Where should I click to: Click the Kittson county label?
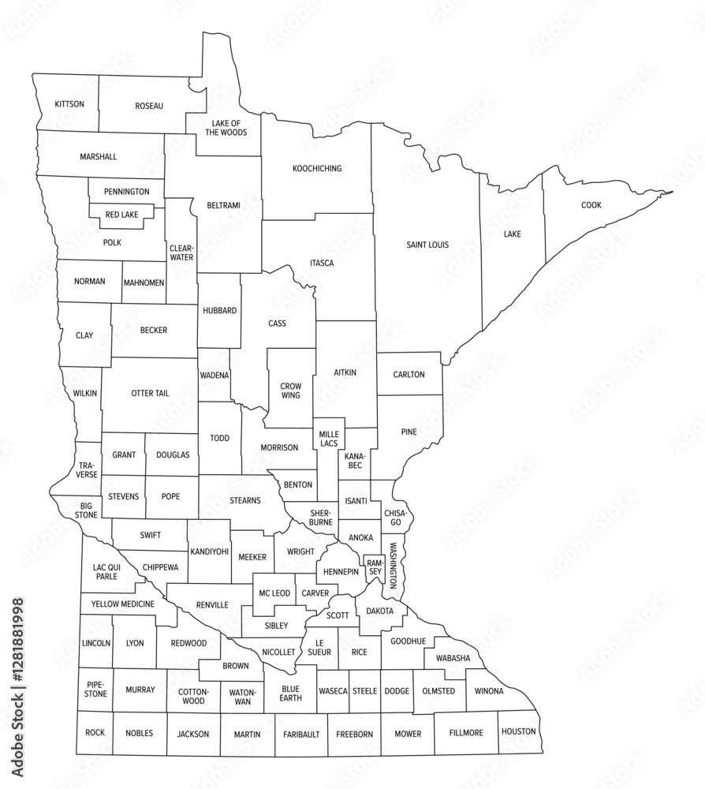[x=69, y=104]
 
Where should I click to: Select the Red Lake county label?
[x=122, y=214]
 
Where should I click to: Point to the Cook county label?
[x=591, y=205]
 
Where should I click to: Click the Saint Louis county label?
[x=427, y=245]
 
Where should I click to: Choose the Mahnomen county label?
[x=144, y=282]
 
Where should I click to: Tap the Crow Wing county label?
[x=290, y=390]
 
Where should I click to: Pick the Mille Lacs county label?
[x=328, y=439]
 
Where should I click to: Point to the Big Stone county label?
[x=87, y=510]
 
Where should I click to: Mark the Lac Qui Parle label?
[x=106, y=571]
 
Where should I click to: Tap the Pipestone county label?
[x=95, y=690]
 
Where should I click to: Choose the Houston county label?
[x=518, y=731]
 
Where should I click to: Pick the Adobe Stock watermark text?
[x=17, y=691]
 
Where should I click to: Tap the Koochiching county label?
[x=317, y=168]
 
